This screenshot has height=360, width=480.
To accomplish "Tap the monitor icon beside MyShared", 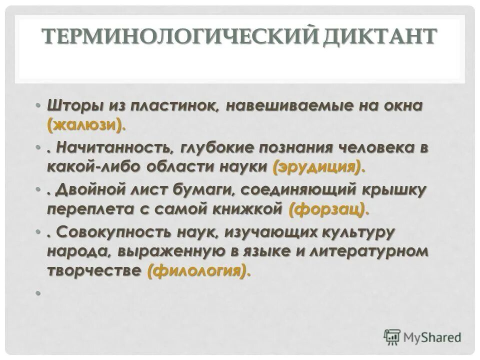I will pyautogui.click(x=392, y=337).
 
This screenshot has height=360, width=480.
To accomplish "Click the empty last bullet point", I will pyautogui.click(x=37, y=293).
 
